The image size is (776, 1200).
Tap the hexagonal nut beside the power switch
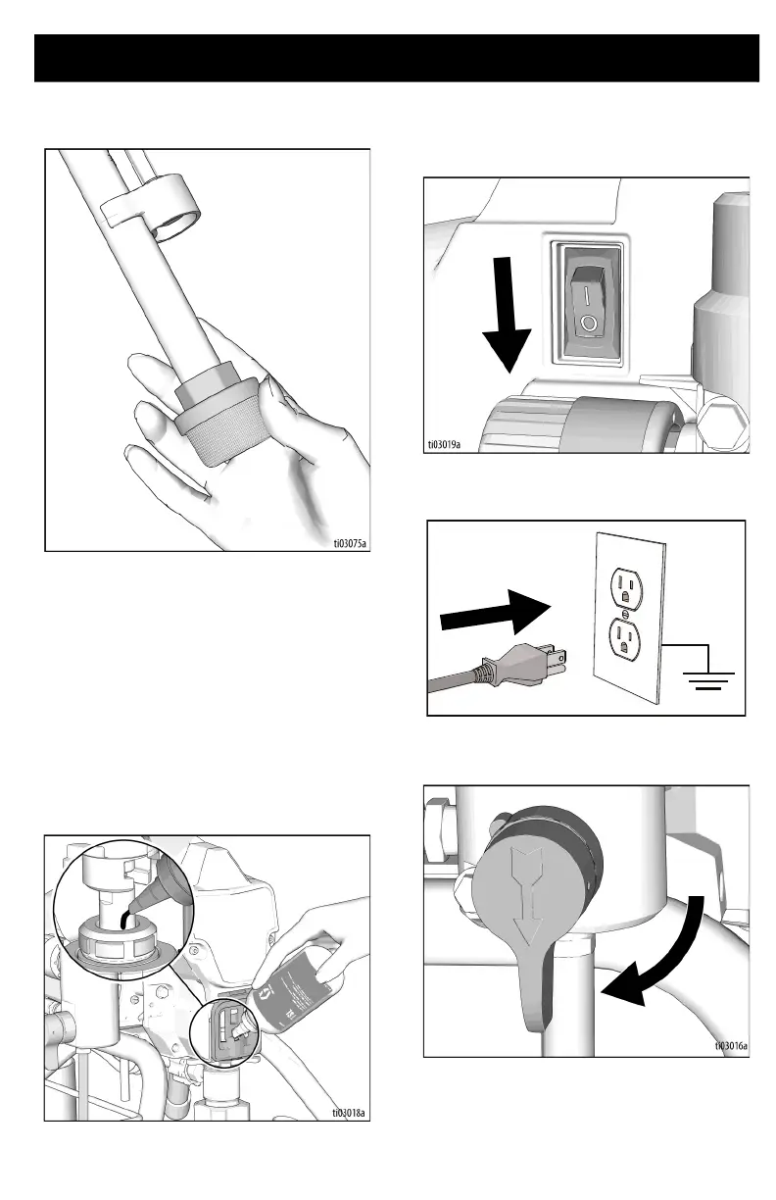tap(727, 423)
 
